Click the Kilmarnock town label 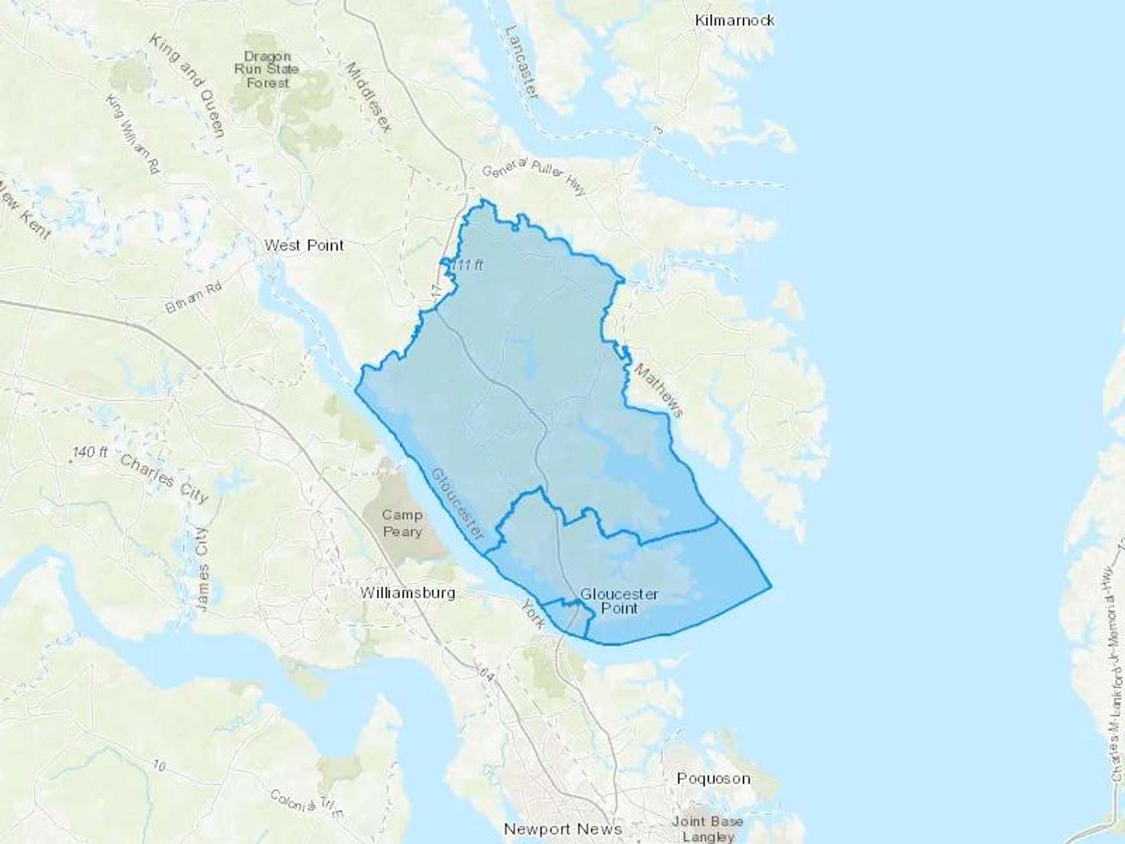(x=734, y=21)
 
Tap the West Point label (x=304, y=246)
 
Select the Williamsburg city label (x=407, y=593)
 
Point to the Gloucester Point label (x=619, y=601)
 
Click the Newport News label (x=562, y=829)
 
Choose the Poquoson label (x=713, y=778)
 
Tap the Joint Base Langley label (x=707, y=828)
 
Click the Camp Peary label (x=402, y=523)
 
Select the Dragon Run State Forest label (x=266, y=69)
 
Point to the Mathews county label (x=659, y=390)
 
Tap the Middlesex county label (x=368, y=97)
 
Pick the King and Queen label (x=186, y=84)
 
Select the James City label (x=201, y=569)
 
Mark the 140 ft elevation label (x=89, y=451)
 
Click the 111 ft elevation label (x=467, y=265)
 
